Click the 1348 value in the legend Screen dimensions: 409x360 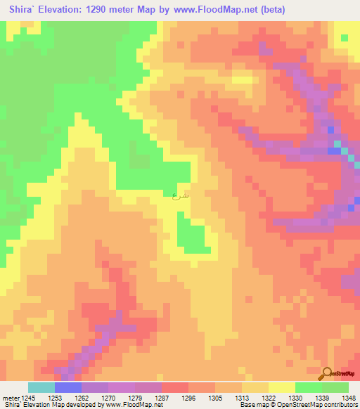(349, 397)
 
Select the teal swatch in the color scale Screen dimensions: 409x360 (41, 387)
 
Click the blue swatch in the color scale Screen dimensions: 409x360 (68, 387)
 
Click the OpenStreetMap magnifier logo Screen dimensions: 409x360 (327, 374)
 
